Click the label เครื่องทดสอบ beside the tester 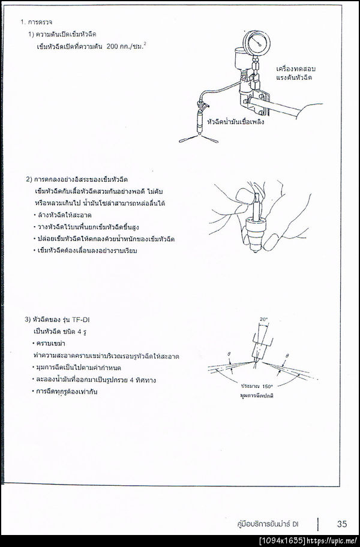pyautogui.click(x=297, y=68)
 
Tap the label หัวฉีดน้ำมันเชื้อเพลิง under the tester pyautogui.click(x=235, y=121)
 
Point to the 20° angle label pyautogui.click(x=263, y=318)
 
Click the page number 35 pyautogui.click(x=341, y=523)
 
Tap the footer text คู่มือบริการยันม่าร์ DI pyautogui.click(x=268, y=524)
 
